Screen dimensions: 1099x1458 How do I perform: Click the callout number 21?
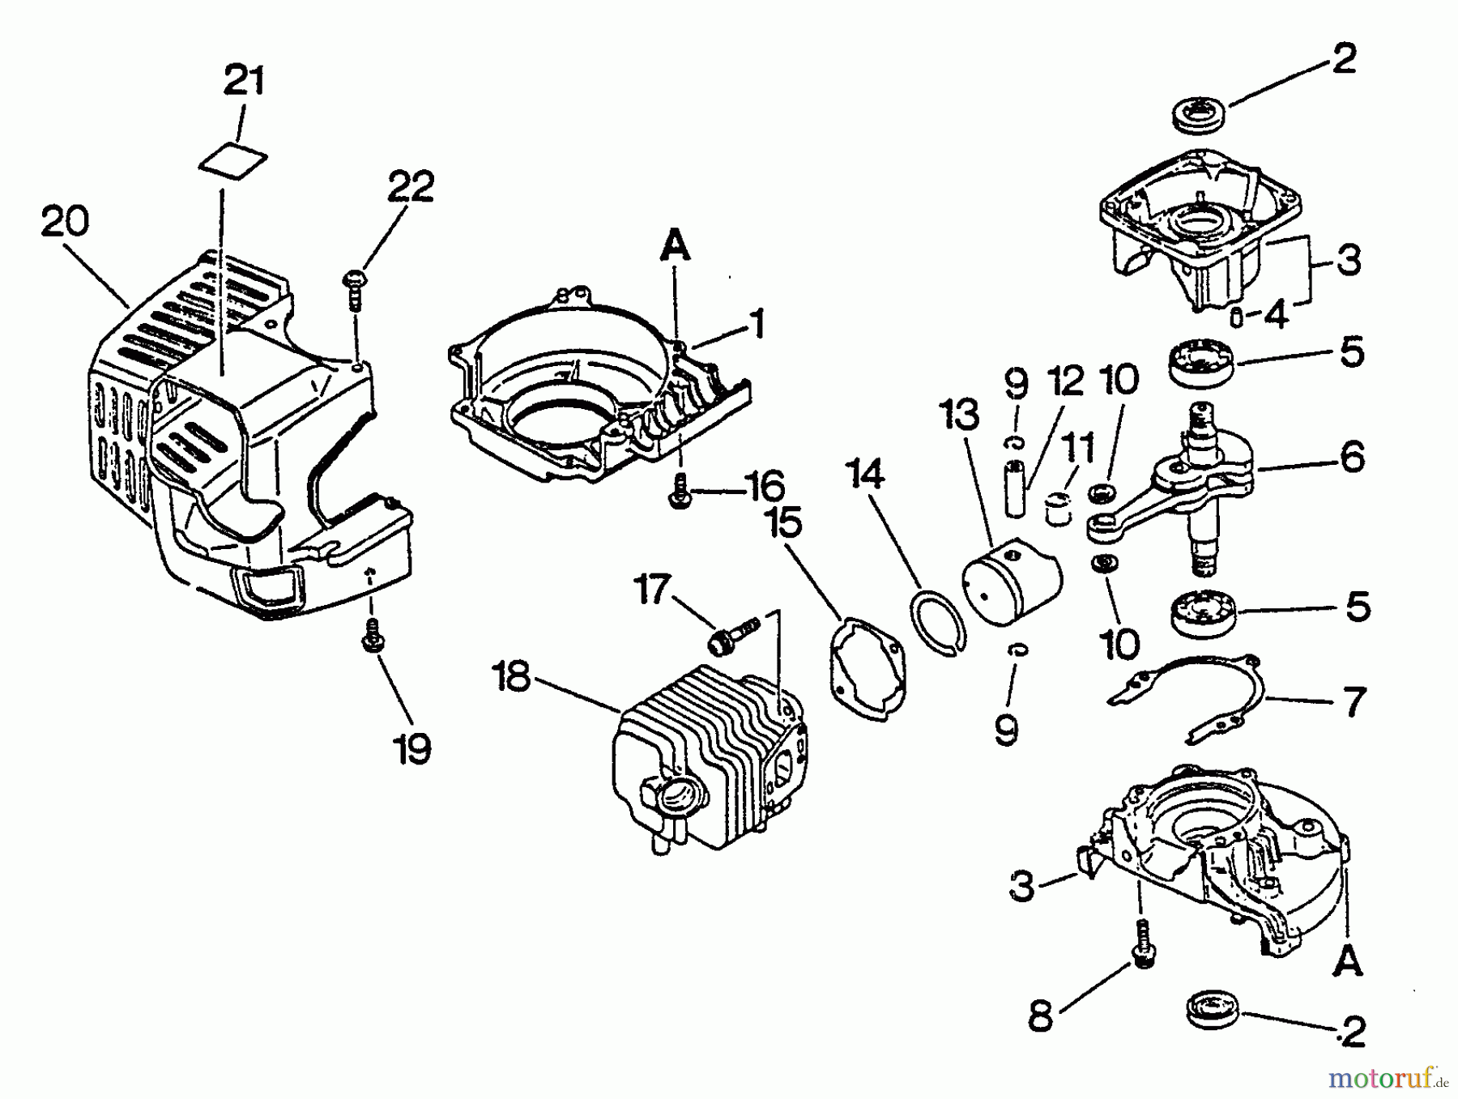244,82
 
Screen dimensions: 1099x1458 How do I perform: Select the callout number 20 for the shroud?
65,221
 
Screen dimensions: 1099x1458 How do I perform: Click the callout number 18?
513,677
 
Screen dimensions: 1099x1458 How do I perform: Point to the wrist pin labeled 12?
1015,488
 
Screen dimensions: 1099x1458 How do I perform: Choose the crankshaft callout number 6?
1351,458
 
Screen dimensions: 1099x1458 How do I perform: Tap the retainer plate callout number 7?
1354,702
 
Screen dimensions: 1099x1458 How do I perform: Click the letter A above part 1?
676,245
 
